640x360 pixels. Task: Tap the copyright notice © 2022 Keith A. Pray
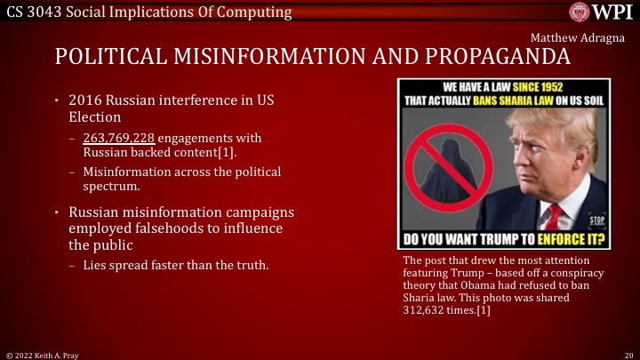(42, 354)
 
